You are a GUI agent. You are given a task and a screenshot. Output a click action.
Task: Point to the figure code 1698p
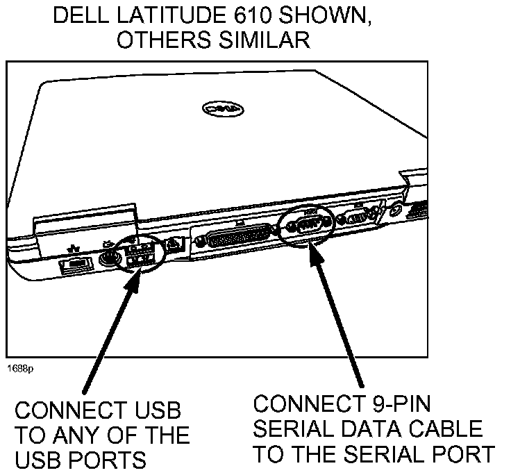(22, 369)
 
